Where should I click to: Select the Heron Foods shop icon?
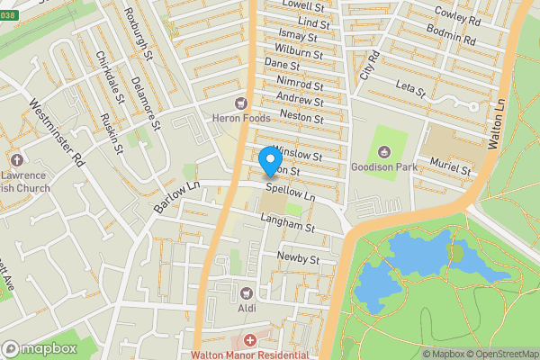click(240, 104)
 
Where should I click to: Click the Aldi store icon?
click(246, 292)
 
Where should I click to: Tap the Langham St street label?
click(286, 227)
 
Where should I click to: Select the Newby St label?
click(299, 258)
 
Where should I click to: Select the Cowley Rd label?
click(457, 16)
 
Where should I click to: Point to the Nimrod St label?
click(300, 83)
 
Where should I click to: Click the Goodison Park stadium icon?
click(385, 151)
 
